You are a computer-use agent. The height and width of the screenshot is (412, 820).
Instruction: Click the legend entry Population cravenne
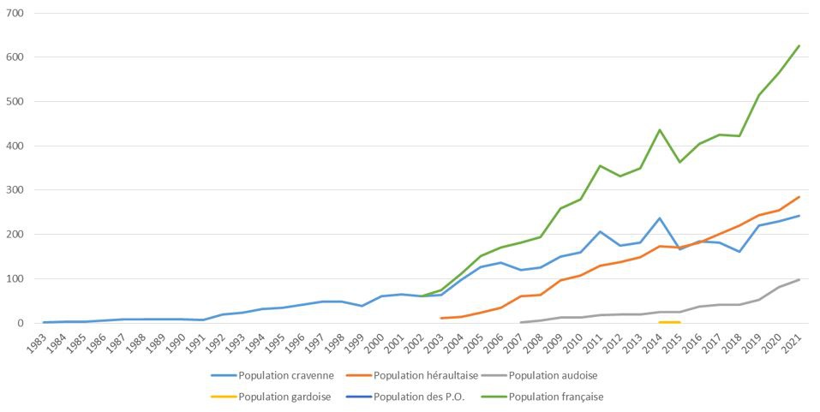click(x=281, y=374)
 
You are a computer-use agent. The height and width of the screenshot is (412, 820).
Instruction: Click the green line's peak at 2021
click(x=799, y=45)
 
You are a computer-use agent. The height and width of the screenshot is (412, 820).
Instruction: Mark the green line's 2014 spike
click(x=660, y=130)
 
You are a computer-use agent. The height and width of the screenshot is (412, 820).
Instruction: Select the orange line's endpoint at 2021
click(x=799, y=197)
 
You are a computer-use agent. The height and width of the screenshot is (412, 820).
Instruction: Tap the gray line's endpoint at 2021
click(x=799, y=279)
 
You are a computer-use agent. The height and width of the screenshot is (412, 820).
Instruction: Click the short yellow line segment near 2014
click(x=669, y=322)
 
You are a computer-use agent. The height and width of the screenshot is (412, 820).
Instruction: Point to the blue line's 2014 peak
click(x=660, y=218)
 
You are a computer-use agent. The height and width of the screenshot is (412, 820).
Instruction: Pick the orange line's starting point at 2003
click(x=441, y=318)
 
